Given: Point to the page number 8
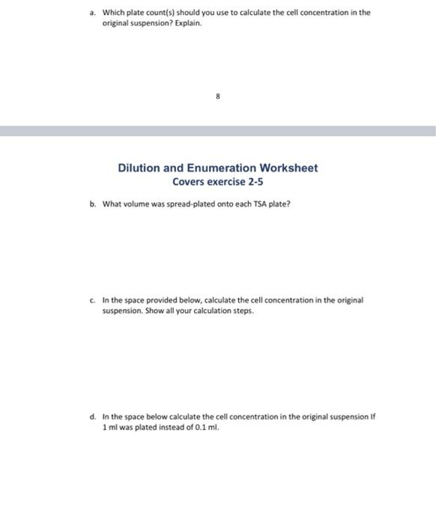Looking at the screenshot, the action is [x=218, y=96].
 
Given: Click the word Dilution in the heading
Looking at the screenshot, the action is [x=142, y=168].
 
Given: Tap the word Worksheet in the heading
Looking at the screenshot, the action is [x=288, y=168].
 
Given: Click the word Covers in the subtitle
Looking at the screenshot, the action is [x=189, y=182].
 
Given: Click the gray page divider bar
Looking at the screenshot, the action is [x=218, y=131].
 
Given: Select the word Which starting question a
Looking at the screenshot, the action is [x=113, y=13].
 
